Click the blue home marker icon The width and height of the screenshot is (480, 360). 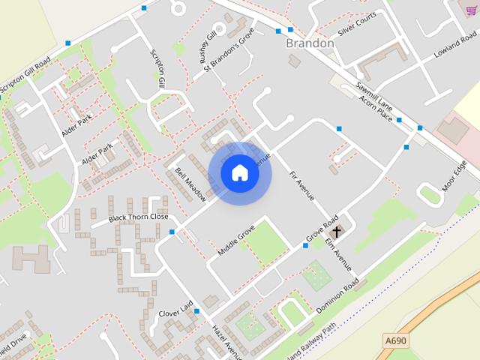(x=239, y=173)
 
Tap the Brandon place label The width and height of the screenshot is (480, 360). (x=310, y=43)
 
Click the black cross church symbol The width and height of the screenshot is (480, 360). (x=337, y=232)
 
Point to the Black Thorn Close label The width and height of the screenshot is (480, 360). (x=138, y=217)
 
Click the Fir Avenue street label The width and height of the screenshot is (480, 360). (x=301, y=186)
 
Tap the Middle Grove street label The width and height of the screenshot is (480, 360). (x=236, y=238)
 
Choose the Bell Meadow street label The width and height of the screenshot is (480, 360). (x=190, y=184)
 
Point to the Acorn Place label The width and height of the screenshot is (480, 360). (x=375, y=109)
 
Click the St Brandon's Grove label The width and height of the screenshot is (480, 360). (x=229, y=51)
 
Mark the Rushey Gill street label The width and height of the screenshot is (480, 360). (x=208, y=45)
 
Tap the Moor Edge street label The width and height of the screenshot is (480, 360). (x=454, y=177)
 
